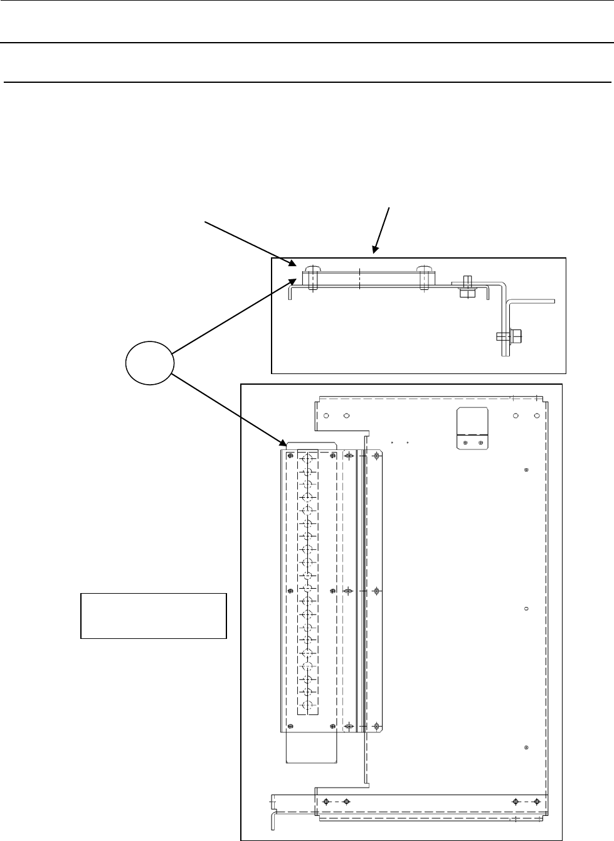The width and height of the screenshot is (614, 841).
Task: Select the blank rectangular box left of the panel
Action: pos(153,616)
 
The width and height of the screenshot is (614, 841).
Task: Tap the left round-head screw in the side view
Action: pos(312,277)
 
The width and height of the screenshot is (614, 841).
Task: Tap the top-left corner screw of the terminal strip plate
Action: pos(290,456)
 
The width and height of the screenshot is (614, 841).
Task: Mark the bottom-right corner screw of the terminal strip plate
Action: pos(331,726)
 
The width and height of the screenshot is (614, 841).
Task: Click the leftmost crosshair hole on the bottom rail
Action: pos(326,801)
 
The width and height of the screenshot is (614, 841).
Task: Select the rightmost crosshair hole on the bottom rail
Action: pos(536,801)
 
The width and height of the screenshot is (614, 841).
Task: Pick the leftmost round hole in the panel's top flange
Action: pos(326,415)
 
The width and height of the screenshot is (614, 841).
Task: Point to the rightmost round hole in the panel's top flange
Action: pos(536,415)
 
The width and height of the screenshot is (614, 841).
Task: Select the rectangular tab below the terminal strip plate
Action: pos(311,747)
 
